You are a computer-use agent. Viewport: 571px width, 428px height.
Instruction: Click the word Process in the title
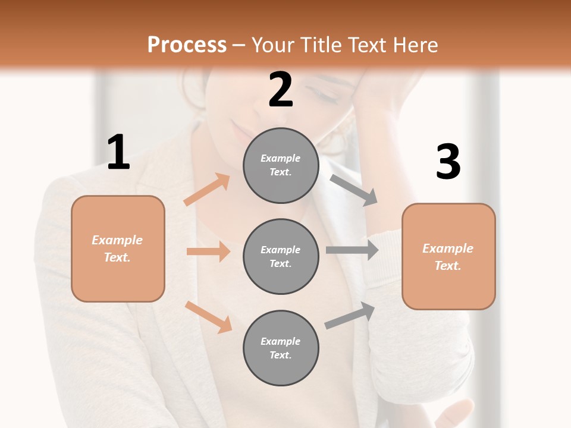(187, 45)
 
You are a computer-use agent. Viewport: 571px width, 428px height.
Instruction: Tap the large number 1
(118, 153)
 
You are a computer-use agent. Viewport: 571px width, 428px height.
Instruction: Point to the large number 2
(281, 90)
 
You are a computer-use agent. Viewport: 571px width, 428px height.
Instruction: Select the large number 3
(448, 162)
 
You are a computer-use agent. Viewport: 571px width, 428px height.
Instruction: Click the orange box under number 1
(118, 248)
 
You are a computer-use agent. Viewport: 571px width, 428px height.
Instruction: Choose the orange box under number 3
(448, 257)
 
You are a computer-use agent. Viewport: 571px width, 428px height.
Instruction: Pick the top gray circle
(281, 165)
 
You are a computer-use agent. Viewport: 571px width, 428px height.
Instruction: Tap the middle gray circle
(281, 256)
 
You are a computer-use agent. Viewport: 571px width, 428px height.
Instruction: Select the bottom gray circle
(281, 348)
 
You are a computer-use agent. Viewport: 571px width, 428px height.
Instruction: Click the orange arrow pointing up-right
(207, 190)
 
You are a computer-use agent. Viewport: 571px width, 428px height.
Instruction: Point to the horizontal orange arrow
(208, 251)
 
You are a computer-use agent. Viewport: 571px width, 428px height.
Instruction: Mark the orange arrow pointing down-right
(208, 317)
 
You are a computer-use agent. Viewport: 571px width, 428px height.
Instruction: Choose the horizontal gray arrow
(352, 250)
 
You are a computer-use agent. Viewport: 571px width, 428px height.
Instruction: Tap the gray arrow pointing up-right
(350, 316)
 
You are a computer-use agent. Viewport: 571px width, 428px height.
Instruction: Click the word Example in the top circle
(280, 159)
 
